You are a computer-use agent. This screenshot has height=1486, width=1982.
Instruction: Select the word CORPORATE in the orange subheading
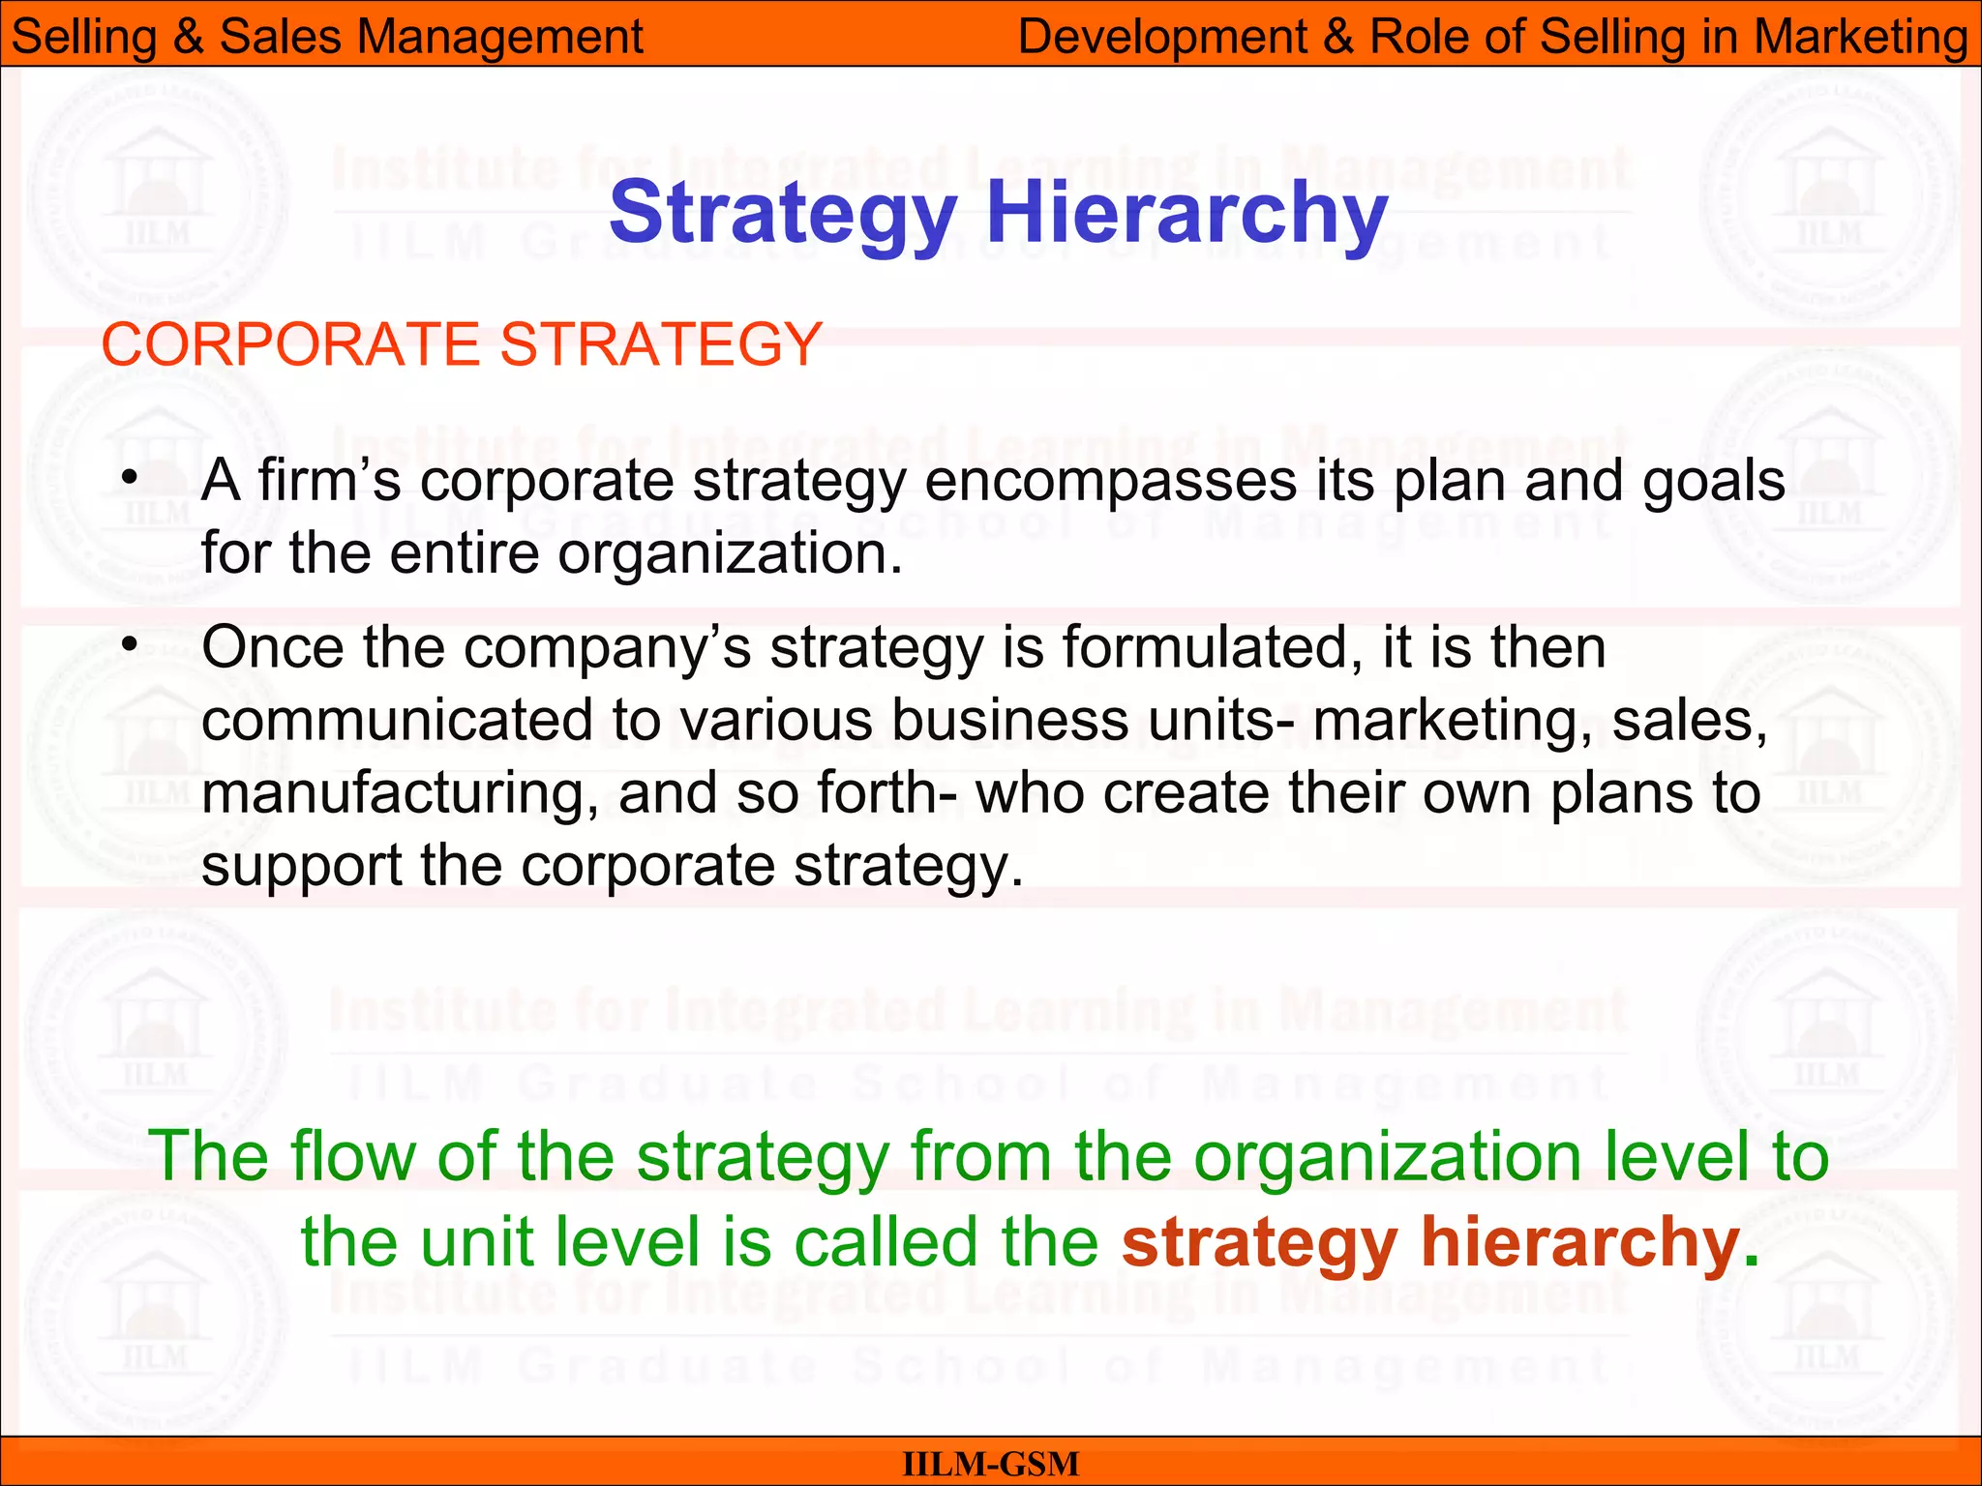click(x=291, y=344)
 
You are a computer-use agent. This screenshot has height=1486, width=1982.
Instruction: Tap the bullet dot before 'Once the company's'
click(x=130, y=645)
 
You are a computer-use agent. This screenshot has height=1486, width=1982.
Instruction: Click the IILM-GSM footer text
click(x=990, y=1464)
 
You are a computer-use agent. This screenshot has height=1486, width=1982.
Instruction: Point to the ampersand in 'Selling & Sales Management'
click(x=188, y=37)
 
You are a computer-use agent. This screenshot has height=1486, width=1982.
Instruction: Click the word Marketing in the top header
click(x=1860, y=37)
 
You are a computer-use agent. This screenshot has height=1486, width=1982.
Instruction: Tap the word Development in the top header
click(x=1162, y=37)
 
